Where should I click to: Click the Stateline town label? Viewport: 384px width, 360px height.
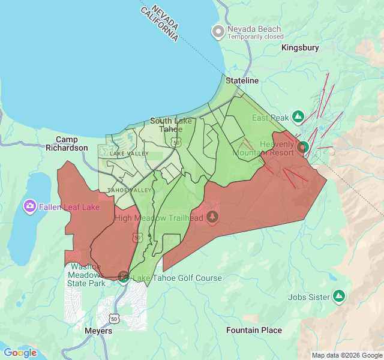pos(242,80)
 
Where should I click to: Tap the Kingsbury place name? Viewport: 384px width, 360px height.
pos(300,47)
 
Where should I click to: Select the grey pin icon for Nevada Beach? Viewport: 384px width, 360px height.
pos(218,31)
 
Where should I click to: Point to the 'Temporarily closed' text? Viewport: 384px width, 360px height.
pos(255,37)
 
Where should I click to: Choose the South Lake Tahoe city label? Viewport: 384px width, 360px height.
pos(171,125)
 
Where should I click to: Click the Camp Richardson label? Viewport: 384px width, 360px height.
pos(67,143)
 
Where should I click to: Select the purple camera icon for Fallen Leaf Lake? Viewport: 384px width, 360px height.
pos(29,207)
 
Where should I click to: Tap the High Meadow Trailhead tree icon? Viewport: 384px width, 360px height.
pos(211,217)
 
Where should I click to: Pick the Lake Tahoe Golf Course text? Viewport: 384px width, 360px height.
pos(177,278)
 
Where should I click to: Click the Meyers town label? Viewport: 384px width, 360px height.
pos(98,331)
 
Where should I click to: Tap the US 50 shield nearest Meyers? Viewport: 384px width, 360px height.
pos(114,318)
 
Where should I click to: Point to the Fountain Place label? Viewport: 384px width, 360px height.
pos(254,330)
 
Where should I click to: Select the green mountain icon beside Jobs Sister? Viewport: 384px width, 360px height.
pos(339,296)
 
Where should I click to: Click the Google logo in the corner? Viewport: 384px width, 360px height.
pos(20,353)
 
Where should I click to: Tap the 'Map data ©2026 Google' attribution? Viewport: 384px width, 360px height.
pos(347,355)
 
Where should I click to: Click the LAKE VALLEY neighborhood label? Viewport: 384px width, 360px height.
pos(129,154)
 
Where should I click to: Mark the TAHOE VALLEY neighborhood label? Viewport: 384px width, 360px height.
pos(129,190)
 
